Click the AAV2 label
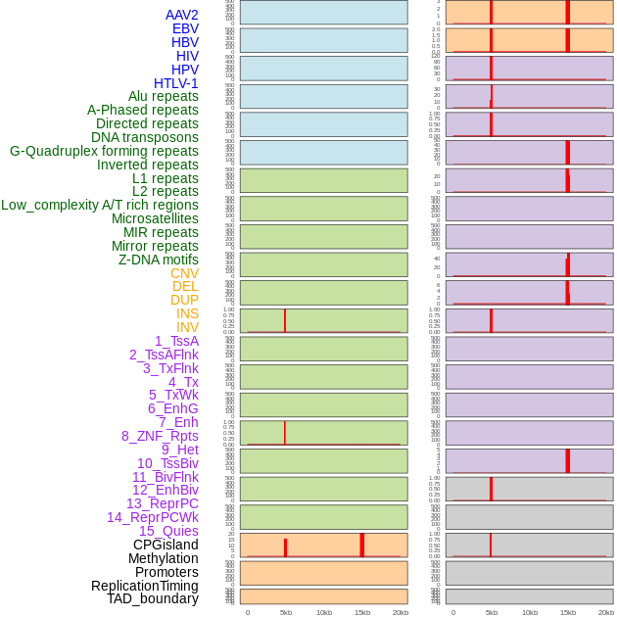[x=181, y=15]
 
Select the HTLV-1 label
[x=175, y=83]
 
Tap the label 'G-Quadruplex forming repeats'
[x=104, y=151]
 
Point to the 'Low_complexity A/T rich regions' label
[x=100, y=205]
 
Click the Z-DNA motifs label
[x=159, y=260]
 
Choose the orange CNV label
[x=184, y=273]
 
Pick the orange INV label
[x=187, y=327]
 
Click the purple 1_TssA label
[x=176, y=341]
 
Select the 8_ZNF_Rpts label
[x=160, y=436]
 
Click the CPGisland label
[x=166, y=545]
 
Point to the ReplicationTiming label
[x=145, y=586]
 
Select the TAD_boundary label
[x=153, y=598]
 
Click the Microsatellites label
[x=155, y=218]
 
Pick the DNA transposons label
[x=145, y=137]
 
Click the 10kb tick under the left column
[x=323, y=612]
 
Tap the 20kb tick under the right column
[x=606, y=612]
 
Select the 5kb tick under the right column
[x=491, y=612]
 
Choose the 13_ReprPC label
[x=162, y=503]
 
